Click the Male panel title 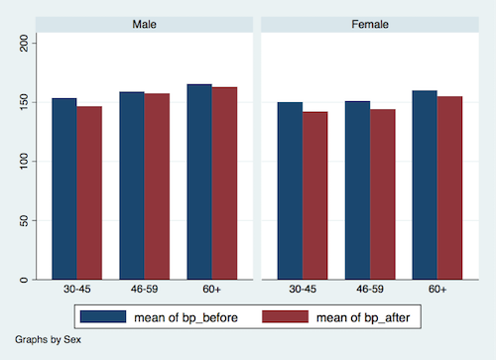(x=145, y=23)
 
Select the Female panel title (x=370, y=23)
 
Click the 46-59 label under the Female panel (x=370, y=289)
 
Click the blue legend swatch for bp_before (x=102, y=315)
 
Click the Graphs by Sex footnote (x=48, y=339)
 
